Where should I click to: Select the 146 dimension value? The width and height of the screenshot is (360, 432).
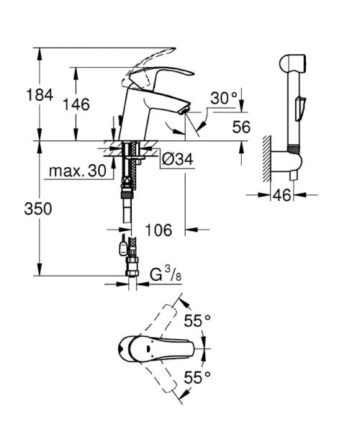click(x=76, y=104)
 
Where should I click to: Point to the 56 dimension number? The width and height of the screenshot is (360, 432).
click(x=241, y=127)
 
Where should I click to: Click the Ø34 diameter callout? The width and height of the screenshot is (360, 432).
click(x=175, y=158)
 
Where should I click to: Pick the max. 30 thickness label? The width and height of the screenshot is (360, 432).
click(x=77, y=171)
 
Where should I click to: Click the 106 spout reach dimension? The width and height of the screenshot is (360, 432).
click(x=158, y=230)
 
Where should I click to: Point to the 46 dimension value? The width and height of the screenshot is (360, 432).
click(x=284, y=195)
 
